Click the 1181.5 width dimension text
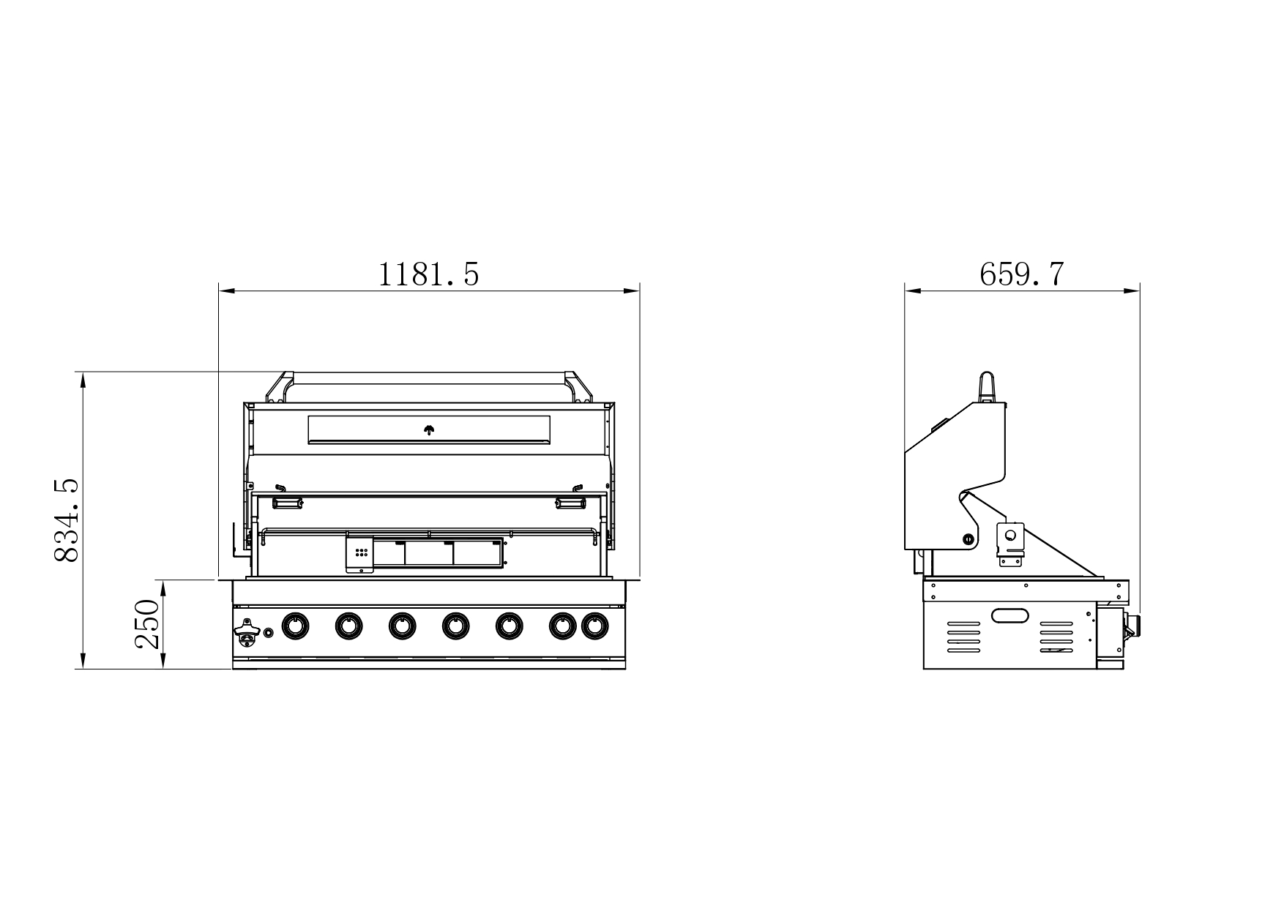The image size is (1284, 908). (428, 274)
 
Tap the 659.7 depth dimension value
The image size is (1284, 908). (1022, 274)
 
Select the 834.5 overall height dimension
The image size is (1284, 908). (67, 520)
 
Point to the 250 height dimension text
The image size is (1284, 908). (147, 624)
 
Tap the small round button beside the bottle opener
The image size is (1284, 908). (269, 632)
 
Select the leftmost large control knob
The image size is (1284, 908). (295, 626)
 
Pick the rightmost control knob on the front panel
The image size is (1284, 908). (594, 626)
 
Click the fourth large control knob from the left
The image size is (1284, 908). (455, 626)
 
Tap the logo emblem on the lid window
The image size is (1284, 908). (429, 430)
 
